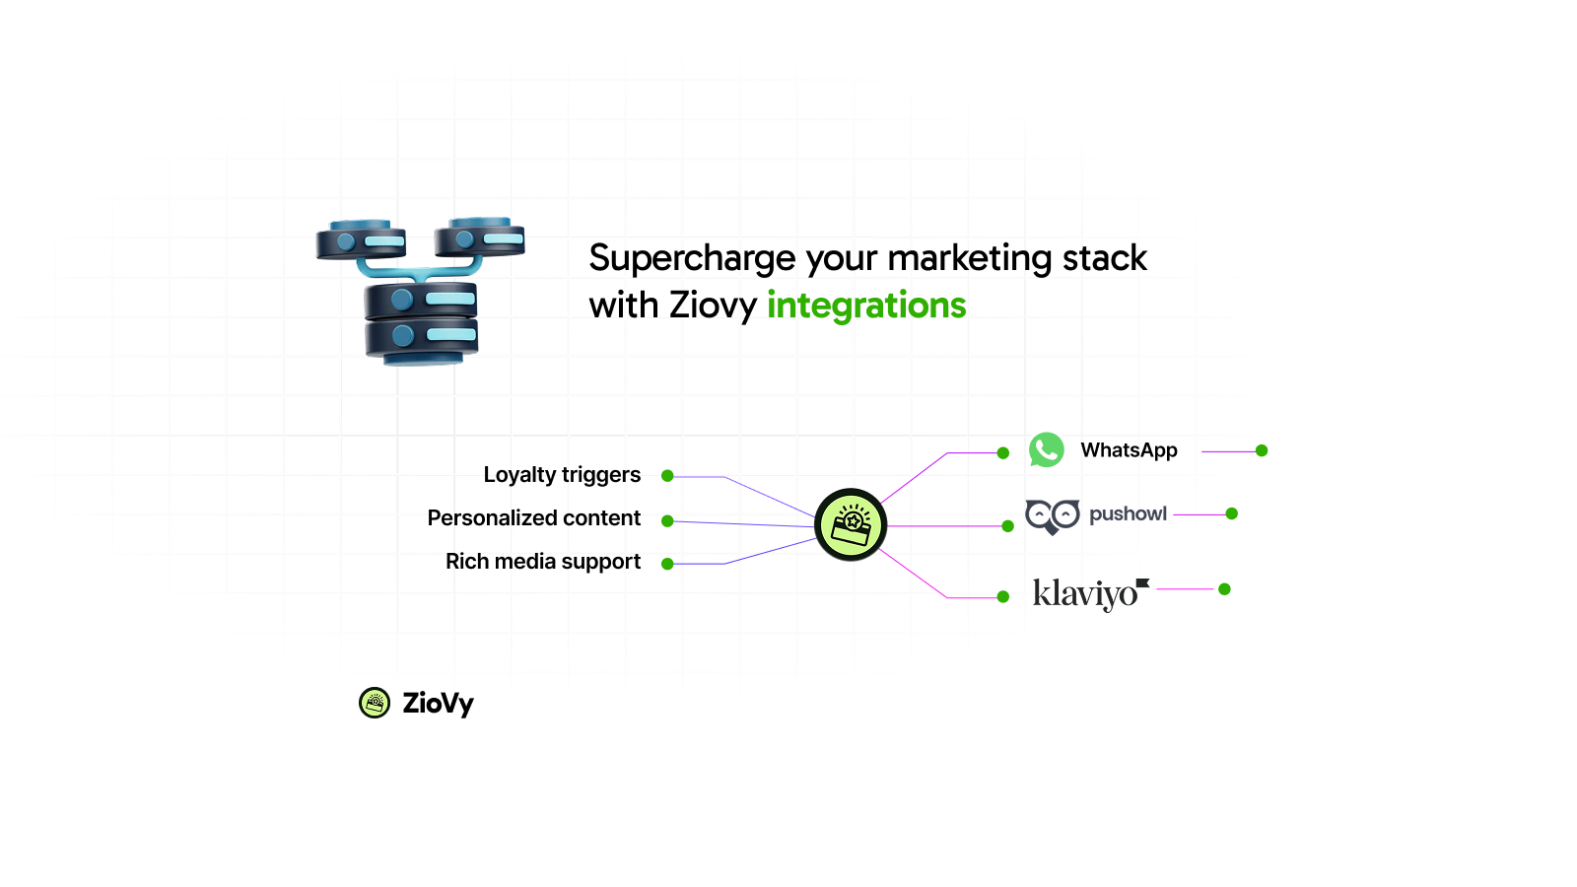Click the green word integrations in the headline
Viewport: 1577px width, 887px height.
[x=866, y=307]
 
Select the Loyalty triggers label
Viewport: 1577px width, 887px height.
[x=562, y=475]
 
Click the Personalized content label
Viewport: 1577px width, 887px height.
[x=533, y=518]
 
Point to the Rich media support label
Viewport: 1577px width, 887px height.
[x=543, y=562]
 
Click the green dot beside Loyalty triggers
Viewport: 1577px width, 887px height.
[x=667, y=476]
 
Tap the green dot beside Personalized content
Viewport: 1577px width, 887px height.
[x=667, y=521]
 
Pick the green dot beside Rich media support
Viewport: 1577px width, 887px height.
[x=667, y=564]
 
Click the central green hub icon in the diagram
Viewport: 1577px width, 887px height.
[x=851, y=525]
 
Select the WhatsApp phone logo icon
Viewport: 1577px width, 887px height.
[x=1046, y=449]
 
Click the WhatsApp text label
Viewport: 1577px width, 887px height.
[x=1129, y=450]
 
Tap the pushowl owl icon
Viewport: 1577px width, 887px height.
[x=1052, y=516]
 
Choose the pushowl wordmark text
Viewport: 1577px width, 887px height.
[x=1128, y=514]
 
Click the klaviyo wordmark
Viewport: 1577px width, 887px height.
[x=1090, y=593]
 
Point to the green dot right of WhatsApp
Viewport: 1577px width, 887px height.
[x=1262, y=450]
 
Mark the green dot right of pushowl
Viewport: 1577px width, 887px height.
[x=1231, y=513]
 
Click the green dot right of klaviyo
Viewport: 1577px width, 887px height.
[x=1224, y=589]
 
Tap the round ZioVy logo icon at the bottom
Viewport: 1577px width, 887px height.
[x=375, y=703]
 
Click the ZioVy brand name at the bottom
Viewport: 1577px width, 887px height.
[x=438, y=704]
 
